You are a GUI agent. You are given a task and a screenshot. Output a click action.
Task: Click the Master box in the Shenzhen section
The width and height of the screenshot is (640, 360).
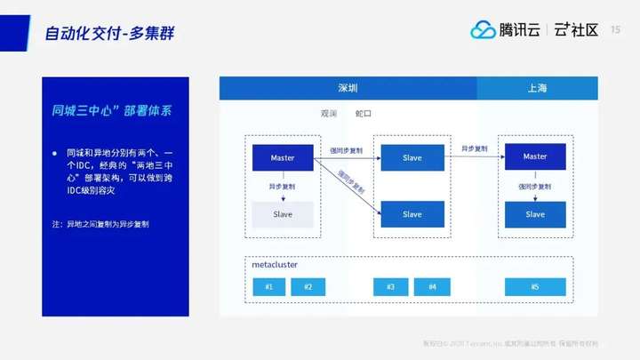[283, 157]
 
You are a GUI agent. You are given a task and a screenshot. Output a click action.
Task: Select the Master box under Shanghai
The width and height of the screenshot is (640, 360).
[535, 156]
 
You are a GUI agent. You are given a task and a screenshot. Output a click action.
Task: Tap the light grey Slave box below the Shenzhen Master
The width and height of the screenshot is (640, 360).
[283, 214]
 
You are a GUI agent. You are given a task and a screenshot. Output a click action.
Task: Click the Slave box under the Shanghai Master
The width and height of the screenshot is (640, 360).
[535, 214]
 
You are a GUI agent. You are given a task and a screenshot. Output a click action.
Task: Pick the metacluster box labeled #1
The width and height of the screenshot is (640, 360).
[269, 287]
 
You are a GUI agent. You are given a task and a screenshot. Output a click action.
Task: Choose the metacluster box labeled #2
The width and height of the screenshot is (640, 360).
[308, 287]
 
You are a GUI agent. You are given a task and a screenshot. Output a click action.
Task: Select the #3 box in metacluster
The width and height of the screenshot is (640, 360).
[390, 287]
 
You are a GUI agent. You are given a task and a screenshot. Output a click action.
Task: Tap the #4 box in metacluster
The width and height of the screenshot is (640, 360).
[432, 287]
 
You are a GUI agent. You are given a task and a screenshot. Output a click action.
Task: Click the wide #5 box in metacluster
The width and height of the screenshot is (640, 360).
[535, 287]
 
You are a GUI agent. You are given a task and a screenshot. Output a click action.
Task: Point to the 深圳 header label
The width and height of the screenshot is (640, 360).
[348, 88]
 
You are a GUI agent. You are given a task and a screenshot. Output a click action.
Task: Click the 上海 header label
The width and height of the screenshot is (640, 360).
[537, 88]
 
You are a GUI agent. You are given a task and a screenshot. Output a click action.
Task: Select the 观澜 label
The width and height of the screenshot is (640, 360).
[330, 114]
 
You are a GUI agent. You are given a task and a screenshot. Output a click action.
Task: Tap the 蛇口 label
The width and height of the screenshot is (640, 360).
[363, 114]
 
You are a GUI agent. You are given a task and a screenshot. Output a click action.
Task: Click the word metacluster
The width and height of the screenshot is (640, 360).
[275, 265]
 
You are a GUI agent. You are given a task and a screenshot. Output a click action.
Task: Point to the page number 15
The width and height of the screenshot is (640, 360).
[615, 29]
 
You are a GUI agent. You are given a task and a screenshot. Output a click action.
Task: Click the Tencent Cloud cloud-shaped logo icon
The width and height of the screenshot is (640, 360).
[483, 30]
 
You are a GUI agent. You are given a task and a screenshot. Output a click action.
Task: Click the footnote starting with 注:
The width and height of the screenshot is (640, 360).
[100, 224]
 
